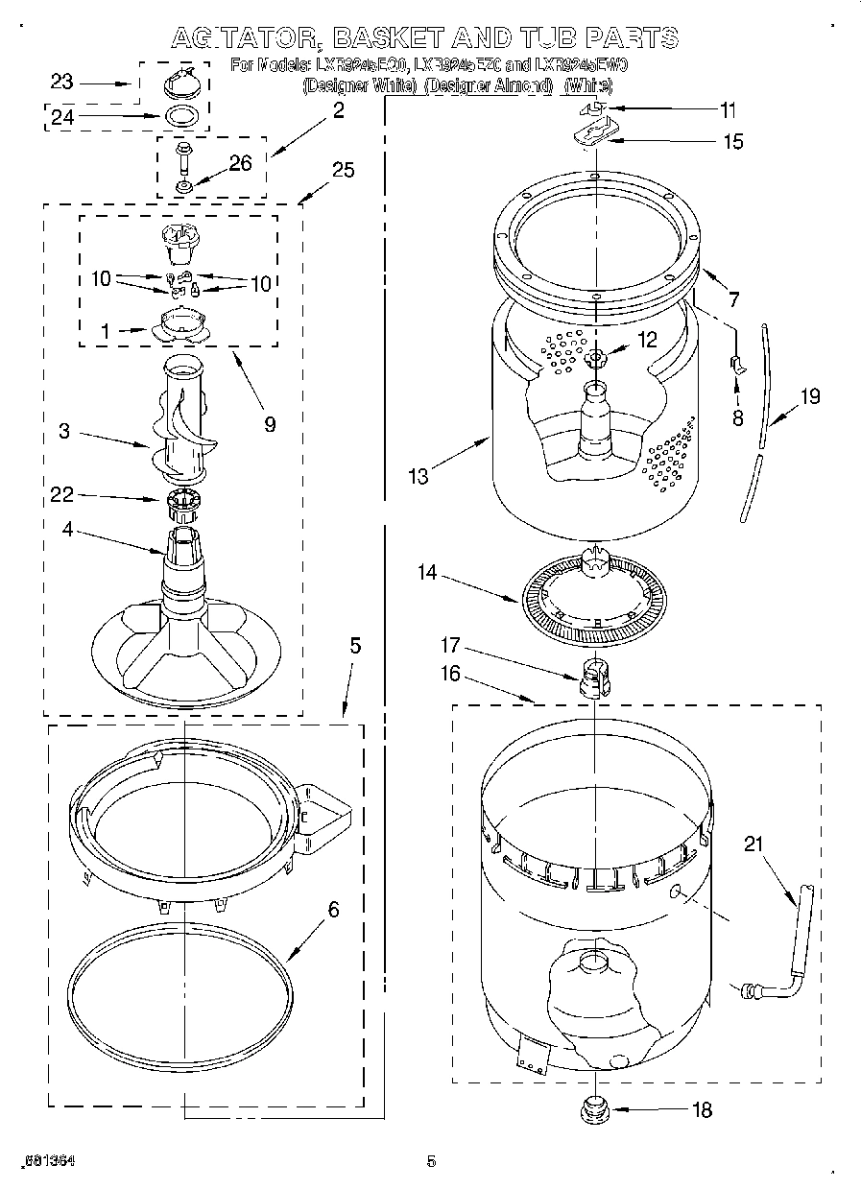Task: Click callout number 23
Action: point(61,83)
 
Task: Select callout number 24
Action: point(61,119)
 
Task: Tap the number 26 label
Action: point(240,163)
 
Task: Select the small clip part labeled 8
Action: point(737,363)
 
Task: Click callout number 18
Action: point(703,1110)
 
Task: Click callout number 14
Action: point(427,573)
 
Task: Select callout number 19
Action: point(810,395)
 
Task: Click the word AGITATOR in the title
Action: point(245,37)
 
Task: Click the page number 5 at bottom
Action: point(431,1162)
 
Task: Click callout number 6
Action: point(333,909)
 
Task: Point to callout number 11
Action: point(729,109)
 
